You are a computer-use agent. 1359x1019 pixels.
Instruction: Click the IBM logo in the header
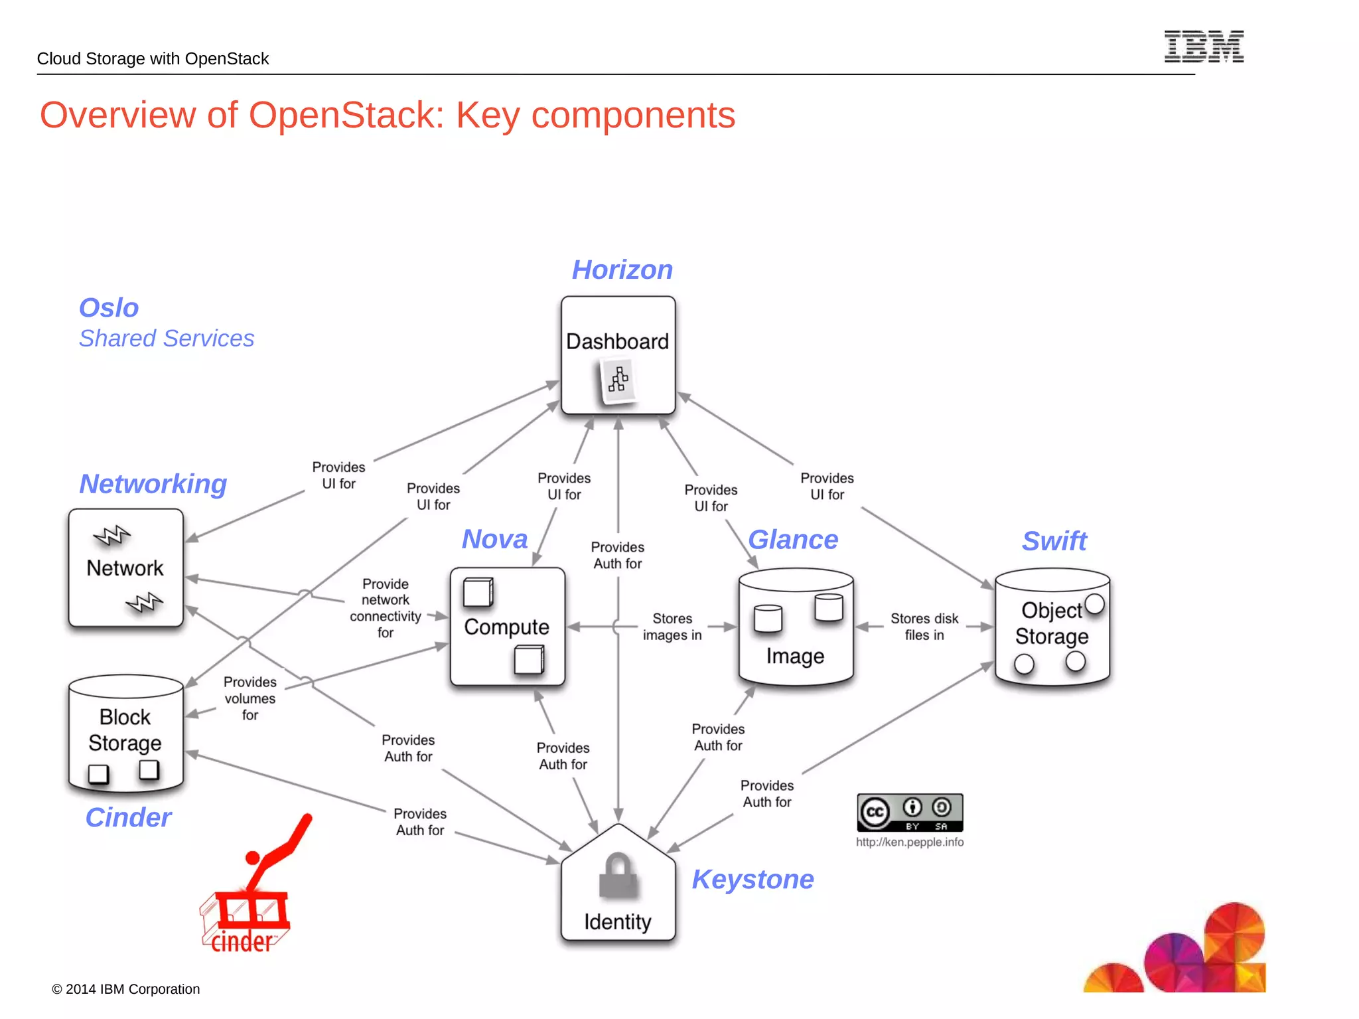(x=1204, y=46)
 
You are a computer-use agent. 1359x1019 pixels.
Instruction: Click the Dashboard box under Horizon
(x=618, y=355)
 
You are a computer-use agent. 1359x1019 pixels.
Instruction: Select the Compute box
(x=507, y=627)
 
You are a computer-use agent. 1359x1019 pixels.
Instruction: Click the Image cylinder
(x=796, y=627)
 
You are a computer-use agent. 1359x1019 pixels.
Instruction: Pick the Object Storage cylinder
(x=1052, y=627)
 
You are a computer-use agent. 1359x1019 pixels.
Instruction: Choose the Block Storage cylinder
(x=125, y=734)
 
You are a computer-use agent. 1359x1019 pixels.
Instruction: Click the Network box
(x=125, y=568)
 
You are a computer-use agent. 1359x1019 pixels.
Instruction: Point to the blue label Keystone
(x=752, y=880)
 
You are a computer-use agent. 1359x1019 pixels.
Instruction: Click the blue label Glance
(x=793, y=540)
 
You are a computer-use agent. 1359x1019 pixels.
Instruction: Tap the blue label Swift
(x=1054, y=541)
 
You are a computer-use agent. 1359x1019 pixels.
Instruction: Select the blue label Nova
(x=494, y=539)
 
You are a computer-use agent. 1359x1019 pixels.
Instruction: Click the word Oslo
(x=109, y=308)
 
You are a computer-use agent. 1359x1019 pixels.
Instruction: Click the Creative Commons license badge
(x=910, y=813)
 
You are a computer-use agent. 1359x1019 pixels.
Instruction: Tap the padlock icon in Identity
(x=618, y=876)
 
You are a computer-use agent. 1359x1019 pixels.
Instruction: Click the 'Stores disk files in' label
(x=924, y=627)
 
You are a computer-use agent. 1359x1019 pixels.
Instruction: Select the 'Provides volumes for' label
(x=250, y=698)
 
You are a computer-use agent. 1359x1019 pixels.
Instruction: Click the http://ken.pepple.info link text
(x=910, y=842)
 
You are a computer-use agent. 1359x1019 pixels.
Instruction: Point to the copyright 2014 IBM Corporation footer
(x=126, y=989)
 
